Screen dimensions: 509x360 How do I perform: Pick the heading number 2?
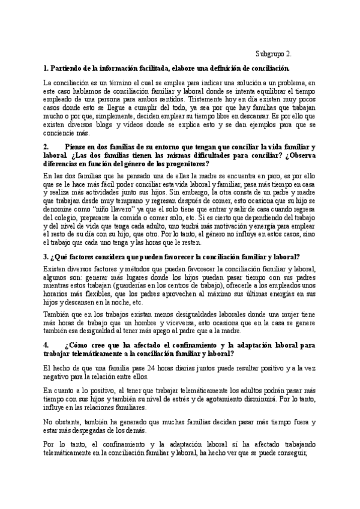click(x=46, y=147)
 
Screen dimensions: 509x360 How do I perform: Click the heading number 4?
click(x=46, y=345)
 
